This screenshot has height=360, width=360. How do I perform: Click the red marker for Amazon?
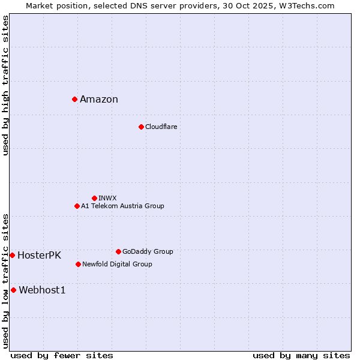(x=74, y=99)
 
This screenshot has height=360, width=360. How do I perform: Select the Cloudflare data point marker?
(x=141, y=127)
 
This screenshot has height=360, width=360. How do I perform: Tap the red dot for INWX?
(x=94, y=198)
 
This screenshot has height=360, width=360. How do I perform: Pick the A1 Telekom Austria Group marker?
(x=77, y=206)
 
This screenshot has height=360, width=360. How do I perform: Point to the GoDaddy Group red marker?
(x=118, y=251)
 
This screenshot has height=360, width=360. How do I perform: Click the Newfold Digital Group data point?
(x=78, y=264)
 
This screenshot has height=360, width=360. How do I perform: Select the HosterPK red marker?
(x=12, y=255)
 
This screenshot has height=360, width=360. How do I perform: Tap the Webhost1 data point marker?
(x=13, y=290)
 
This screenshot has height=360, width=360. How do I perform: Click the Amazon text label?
(x=99, y=100)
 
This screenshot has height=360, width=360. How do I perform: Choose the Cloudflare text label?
(x=161, y=127)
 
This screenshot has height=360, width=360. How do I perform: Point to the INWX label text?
(x=107, y=198)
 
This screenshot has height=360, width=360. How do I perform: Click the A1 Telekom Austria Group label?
(x=122, y=206)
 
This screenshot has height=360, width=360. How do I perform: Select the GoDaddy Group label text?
(x=148, y=252)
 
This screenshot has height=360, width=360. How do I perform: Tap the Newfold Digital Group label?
(x=117, y=265)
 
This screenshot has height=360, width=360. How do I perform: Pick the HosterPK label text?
(x=39, y=256)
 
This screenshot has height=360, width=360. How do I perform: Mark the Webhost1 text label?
(x=42, y=290)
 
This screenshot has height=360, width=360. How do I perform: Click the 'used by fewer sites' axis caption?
(x=62, y=355)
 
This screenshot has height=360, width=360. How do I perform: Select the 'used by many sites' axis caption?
(x=301, y=355)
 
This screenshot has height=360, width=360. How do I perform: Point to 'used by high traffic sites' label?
(x=6, y=85)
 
